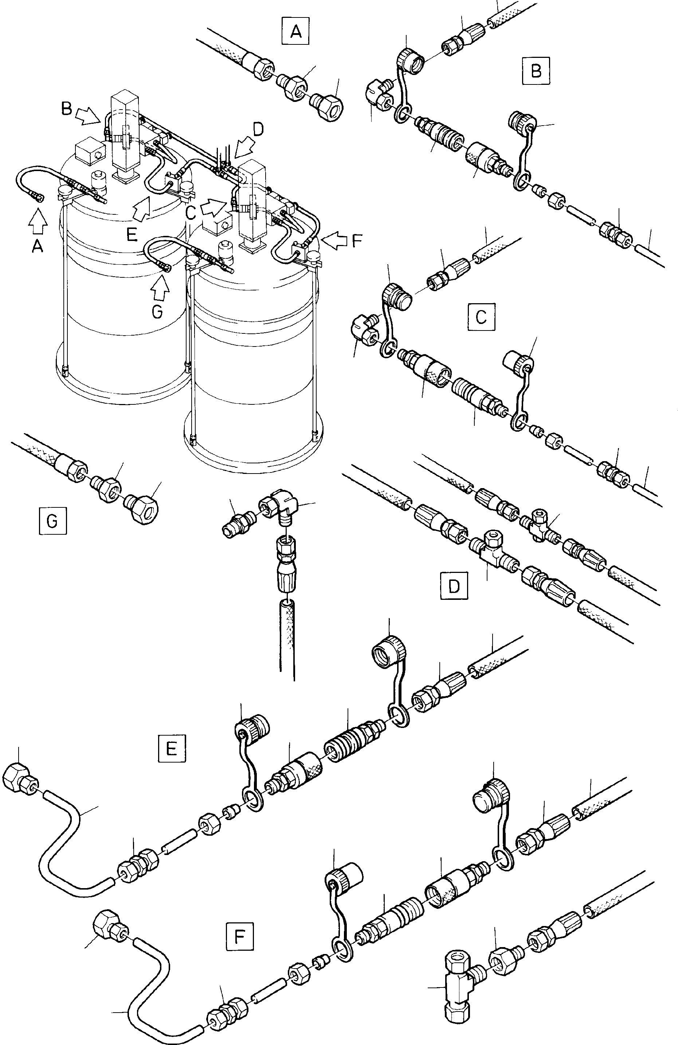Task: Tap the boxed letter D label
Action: click(x=454, y=586)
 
